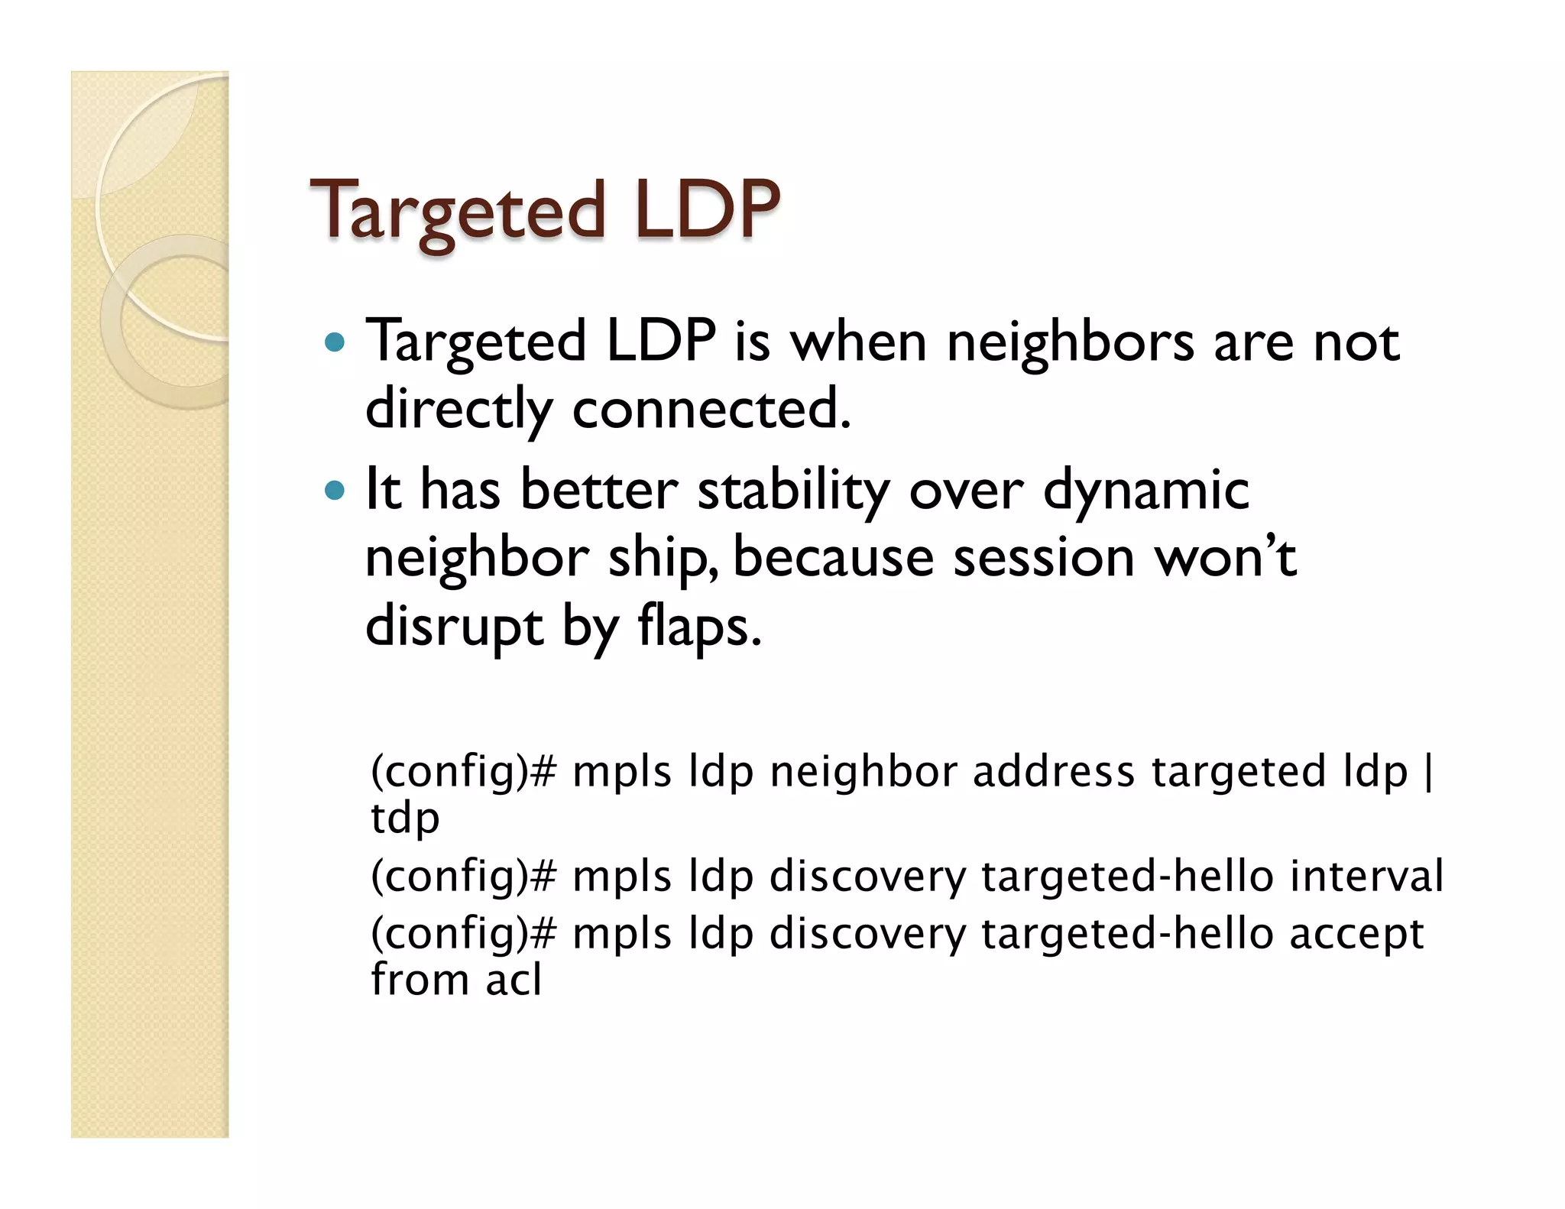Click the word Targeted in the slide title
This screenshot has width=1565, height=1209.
click(457, 209)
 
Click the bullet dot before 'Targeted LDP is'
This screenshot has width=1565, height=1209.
click(335, 342)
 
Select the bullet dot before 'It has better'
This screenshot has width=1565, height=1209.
click(335, 490)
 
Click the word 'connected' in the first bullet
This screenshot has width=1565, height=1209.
click(710, 409)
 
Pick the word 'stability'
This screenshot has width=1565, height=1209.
click(793, 491)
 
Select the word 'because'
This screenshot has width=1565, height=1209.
click(833, 557)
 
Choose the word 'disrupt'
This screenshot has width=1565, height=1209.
click(454, 627)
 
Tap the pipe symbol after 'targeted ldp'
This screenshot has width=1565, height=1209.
click(1428, 772)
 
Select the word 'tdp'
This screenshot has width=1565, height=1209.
click(405, 818)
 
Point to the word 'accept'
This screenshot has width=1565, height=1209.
click(1356, 934)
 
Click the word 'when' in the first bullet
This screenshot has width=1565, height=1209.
click(858, 342)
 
